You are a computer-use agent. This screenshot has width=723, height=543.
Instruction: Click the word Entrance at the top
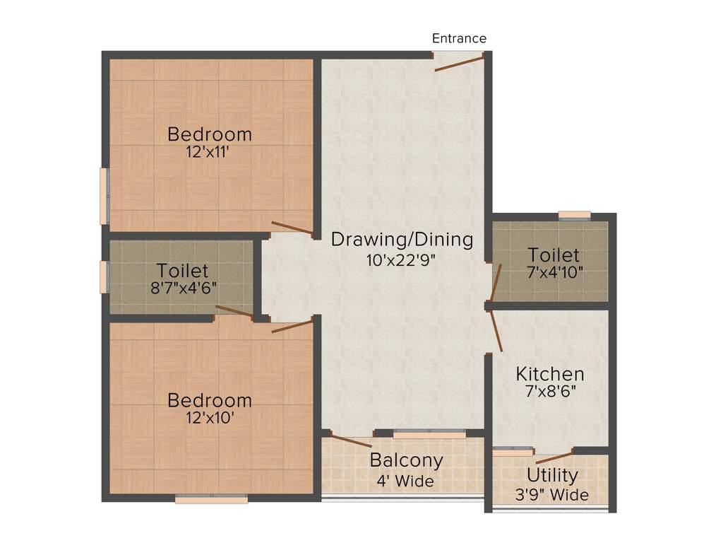pyautogui.click(x=459, y=38)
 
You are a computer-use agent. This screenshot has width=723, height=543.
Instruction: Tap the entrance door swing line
pyautogui.click(x=459, y=64)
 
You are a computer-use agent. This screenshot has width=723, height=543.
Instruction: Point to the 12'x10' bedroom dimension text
pyautogui.click(x=209, y=417)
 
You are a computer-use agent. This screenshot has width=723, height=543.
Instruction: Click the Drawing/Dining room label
pyautogui.click(x=402, y=240)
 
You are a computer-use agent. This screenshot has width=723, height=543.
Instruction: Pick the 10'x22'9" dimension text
pyautogui.click(x=402, y=259)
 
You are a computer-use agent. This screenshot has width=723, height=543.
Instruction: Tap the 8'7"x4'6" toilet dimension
pyautogui.click(x=183, y=288)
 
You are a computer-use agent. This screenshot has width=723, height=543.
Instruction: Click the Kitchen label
pyautogui.click(x=549, y=373)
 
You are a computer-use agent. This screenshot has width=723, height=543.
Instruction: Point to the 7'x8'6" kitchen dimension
pyautogui.click(x=549, y=392)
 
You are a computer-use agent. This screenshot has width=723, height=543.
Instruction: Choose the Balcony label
pyautogui.click(x=407, y=461)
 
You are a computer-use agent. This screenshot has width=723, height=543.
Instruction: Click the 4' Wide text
pyautogui.click(x=407, y=481)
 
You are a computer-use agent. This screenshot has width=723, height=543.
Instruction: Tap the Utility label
pyautogui.click(x=552, y=475)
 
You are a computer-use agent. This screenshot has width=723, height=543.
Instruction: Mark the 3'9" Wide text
pyautogui.click(x=552, y=495)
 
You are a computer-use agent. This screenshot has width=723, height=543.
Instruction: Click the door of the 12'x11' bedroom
pyautogui.click(x=292, y=228)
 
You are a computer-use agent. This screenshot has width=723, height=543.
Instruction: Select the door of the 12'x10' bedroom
pyautogui.click(x=292, y=326)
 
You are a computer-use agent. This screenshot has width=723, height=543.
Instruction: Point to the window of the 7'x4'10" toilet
pyautogui.click(x=574, y=215)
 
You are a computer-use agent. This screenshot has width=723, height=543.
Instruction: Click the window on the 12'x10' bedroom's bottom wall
pyautogui.click(x=212, y=499)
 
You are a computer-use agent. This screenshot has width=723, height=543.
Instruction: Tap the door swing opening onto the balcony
pyautogui.click(x=351, y=442)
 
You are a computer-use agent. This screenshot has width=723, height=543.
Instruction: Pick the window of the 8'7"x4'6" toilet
pyautogui.click(x=104, y=276)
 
